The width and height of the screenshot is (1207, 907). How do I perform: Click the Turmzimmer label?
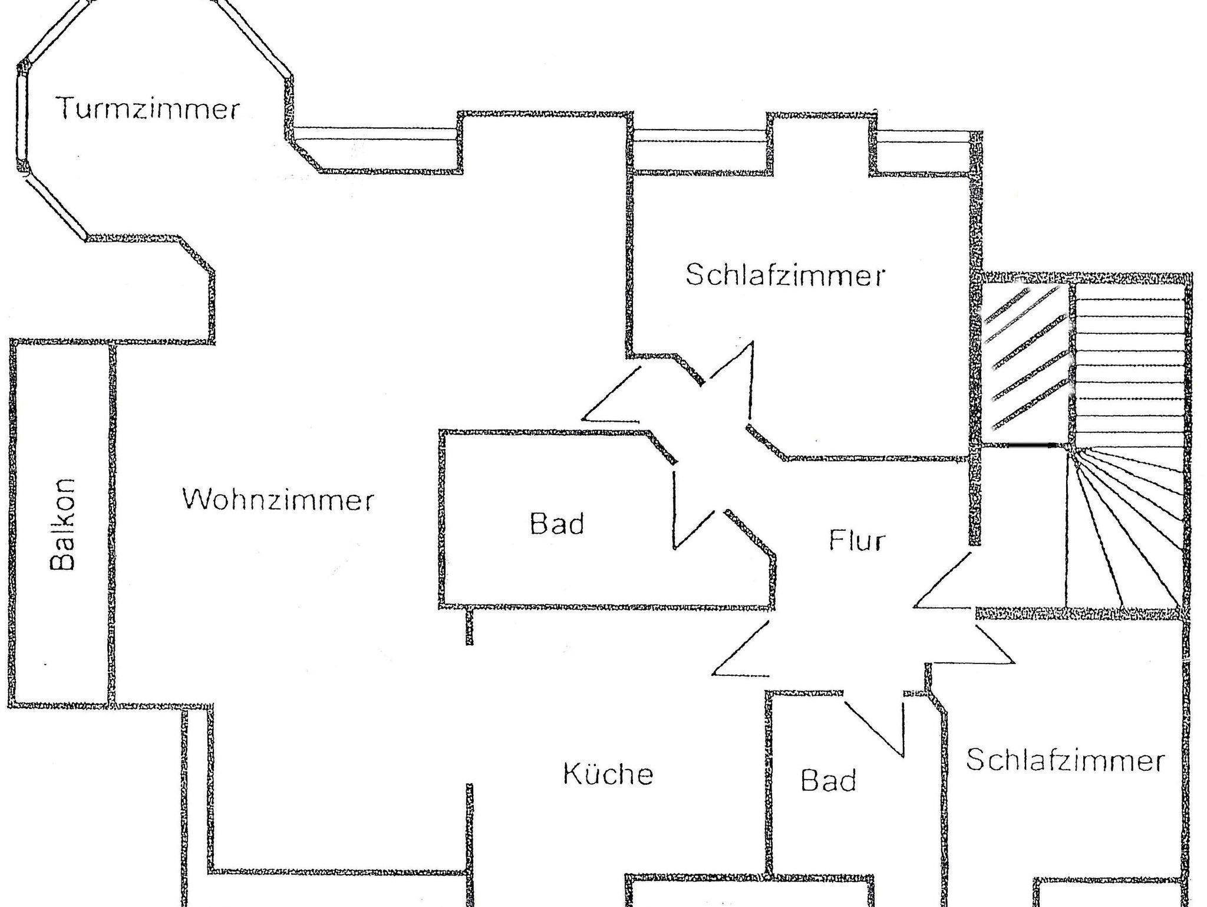coord(148,109)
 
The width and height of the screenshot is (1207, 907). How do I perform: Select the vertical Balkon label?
coord(62,524)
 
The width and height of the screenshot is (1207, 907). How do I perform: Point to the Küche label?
coord(608,774)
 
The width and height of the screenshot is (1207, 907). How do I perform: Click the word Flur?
coord(857,540)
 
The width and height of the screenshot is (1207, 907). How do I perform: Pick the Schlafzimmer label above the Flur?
coord(786,275)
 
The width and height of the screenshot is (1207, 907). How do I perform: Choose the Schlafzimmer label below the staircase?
coord(1066,760)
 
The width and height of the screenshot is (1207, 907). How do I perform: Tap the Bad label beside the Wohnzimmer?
coord(557,523)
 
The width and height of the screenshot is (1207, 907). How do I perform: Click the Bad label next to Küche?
coord(828,780)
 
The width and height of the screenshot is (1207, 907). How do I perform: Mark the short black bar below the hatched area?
coord(1031,445)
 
